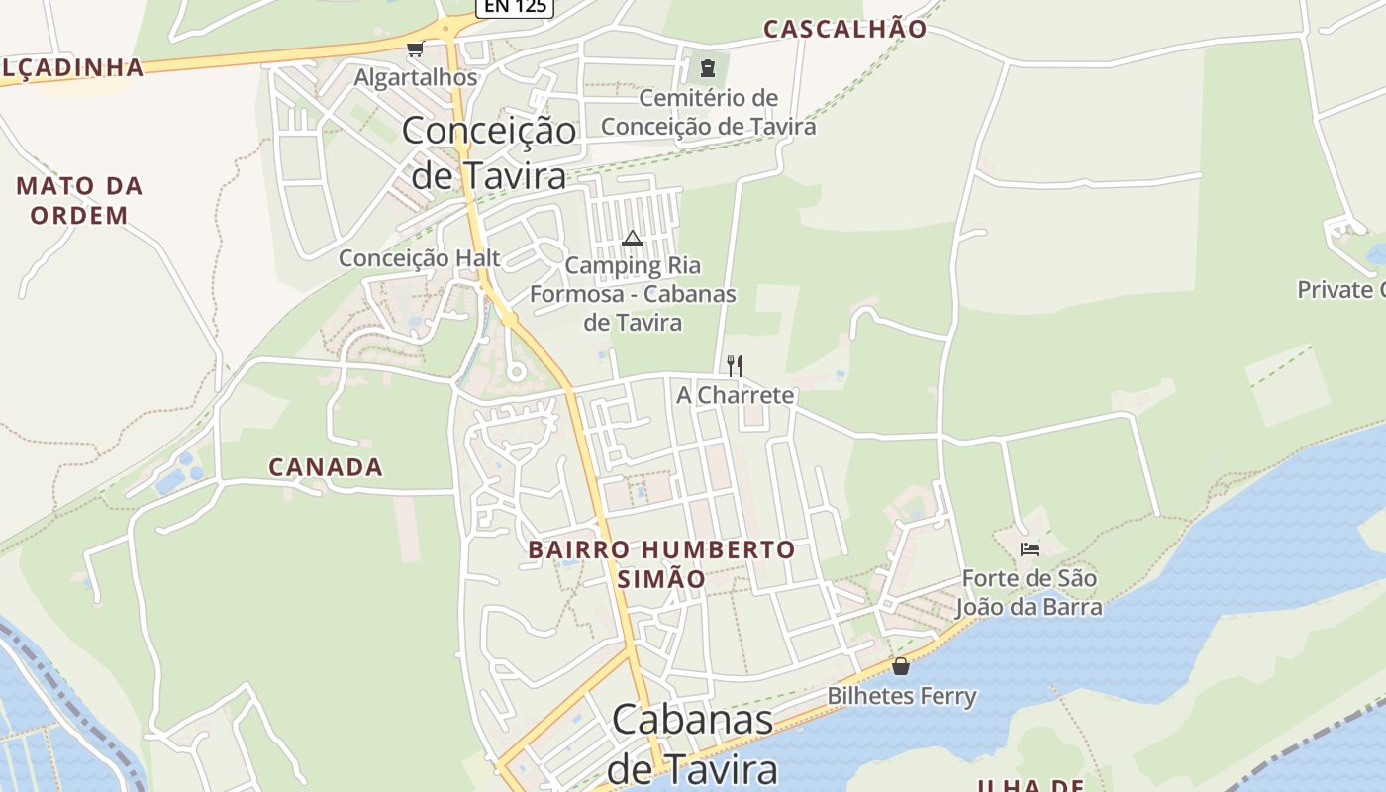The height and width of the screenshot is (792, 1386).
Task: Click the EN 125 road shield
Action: (x=515, y=6)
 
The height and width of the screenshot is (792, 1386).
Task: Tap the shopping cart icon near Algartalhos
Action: (x=415, y=49)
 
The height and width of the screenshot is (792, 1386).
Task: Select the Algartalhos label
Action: (x=416, y=77)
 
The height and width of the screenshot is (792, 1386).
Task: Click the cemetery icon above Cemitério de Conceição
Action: (x=708, y=68)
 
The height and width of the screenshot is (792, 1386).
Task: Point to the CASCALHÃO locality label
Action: (x=844, y=29)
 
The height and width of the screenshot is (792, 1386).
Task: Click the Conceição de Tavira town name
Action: (x=489, y=152)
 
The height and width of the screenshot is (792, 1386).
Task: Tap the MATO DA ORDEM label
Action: (x=79, y=200)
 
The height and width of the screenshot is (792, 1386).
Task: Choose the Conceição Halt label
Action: (x=420, y=258)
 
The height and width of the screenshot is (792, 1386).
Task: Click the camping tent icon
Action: (x=633, y=238)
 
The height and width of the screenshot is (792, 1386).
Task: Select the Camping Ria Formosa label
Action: (x=633, y=294)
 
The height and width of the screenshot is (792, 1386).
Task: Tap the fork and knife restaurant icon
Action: (x=735, y=366)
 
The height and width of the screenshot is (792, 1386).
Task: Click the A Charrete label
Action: (x=735, y=395)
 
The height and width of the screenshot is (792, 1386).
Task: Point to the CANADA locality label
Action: (x=326, y=467)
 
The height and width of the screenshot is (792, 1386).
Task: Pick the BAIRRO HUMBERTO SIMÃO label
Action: (x=661, y=563)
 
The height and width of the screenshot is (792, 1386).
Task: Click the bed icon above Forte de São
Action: (x=1030, y=548)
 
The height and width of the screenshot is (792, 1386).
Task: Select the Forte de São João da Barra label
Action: (x=1030, y=592)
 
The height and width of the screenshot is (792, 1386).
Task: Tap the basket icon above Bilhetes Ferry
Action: (x=901, y=666)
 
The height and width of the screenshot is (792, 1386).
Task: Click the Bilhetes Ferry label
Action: (x=902, y=696)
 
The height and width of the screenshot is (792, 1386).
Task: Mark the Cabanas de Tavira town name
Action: (x=692, y=743)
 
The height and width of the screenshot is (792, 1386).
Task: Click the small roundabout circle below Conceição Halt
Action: (x=515, y=372)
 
